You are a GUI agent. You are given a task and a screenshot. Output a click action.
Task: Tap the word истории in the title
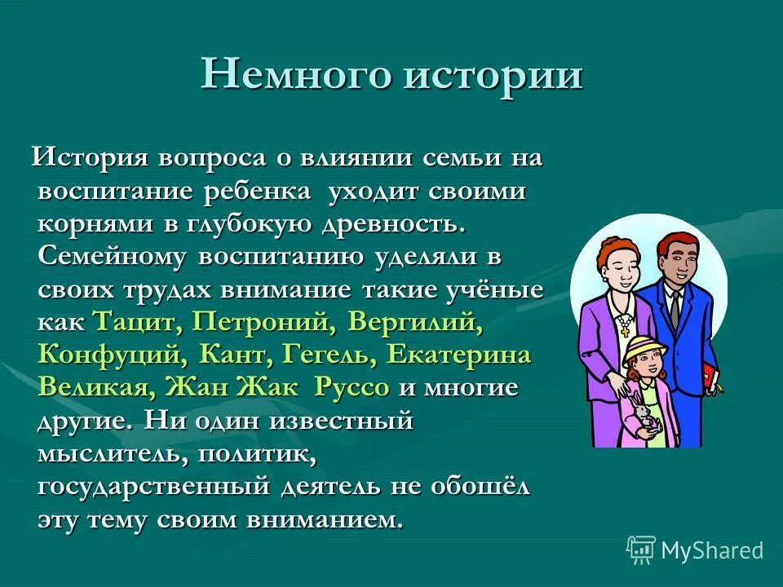[492, 76]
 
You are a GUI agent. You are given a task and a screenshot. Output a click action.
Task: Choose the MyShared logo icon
[640, 550]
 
